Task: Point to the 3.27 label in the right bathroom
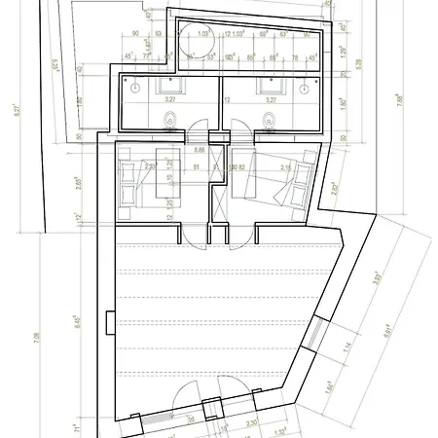pyautogui.click(x=272, y=99)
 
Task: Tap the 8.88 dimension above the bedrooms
pyautogui.click(x=199, y=151)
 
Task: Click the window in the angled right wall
pyautogui.click(x=311, y=337)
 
